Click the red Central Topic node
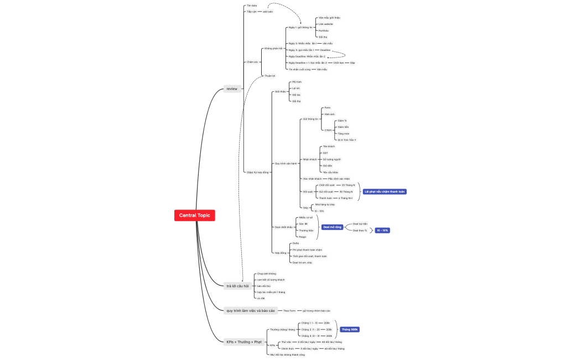(x=194, y=215)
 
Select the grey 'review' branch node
(x=232, y=88)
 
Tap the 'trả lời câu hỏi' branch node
(x=237, y=286)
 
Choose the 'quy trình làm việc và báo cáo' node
(x=251, y=311)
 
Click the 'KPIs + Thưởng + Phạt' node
(x=243, y=342)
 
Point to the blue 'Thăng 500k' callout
(x=350, y=329)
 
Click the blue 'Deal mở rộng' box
(x=332, y=227)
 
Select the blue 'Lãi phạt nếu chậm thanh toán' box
(x=385, y=191)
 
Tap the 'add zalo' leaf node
(x=268, y=11)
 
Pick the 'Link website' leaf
(x=326, y=24)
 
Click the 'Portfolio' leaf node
(x=324, y=30)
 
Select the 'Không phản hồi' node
(x=273, y=48)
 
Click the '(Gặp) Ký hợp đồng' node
(x=257, y=172)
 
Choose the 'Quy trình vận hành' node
(x=286, y=163)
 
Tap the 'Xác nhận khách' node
(x=312, y=179)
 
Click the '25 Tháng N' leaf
(x=349, y=185)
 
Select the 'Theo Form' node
(x=289, y=311)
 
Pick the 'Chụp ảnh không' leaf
(x=266, y=274)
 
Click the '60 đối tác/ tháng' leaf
(x=334, y=348)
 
